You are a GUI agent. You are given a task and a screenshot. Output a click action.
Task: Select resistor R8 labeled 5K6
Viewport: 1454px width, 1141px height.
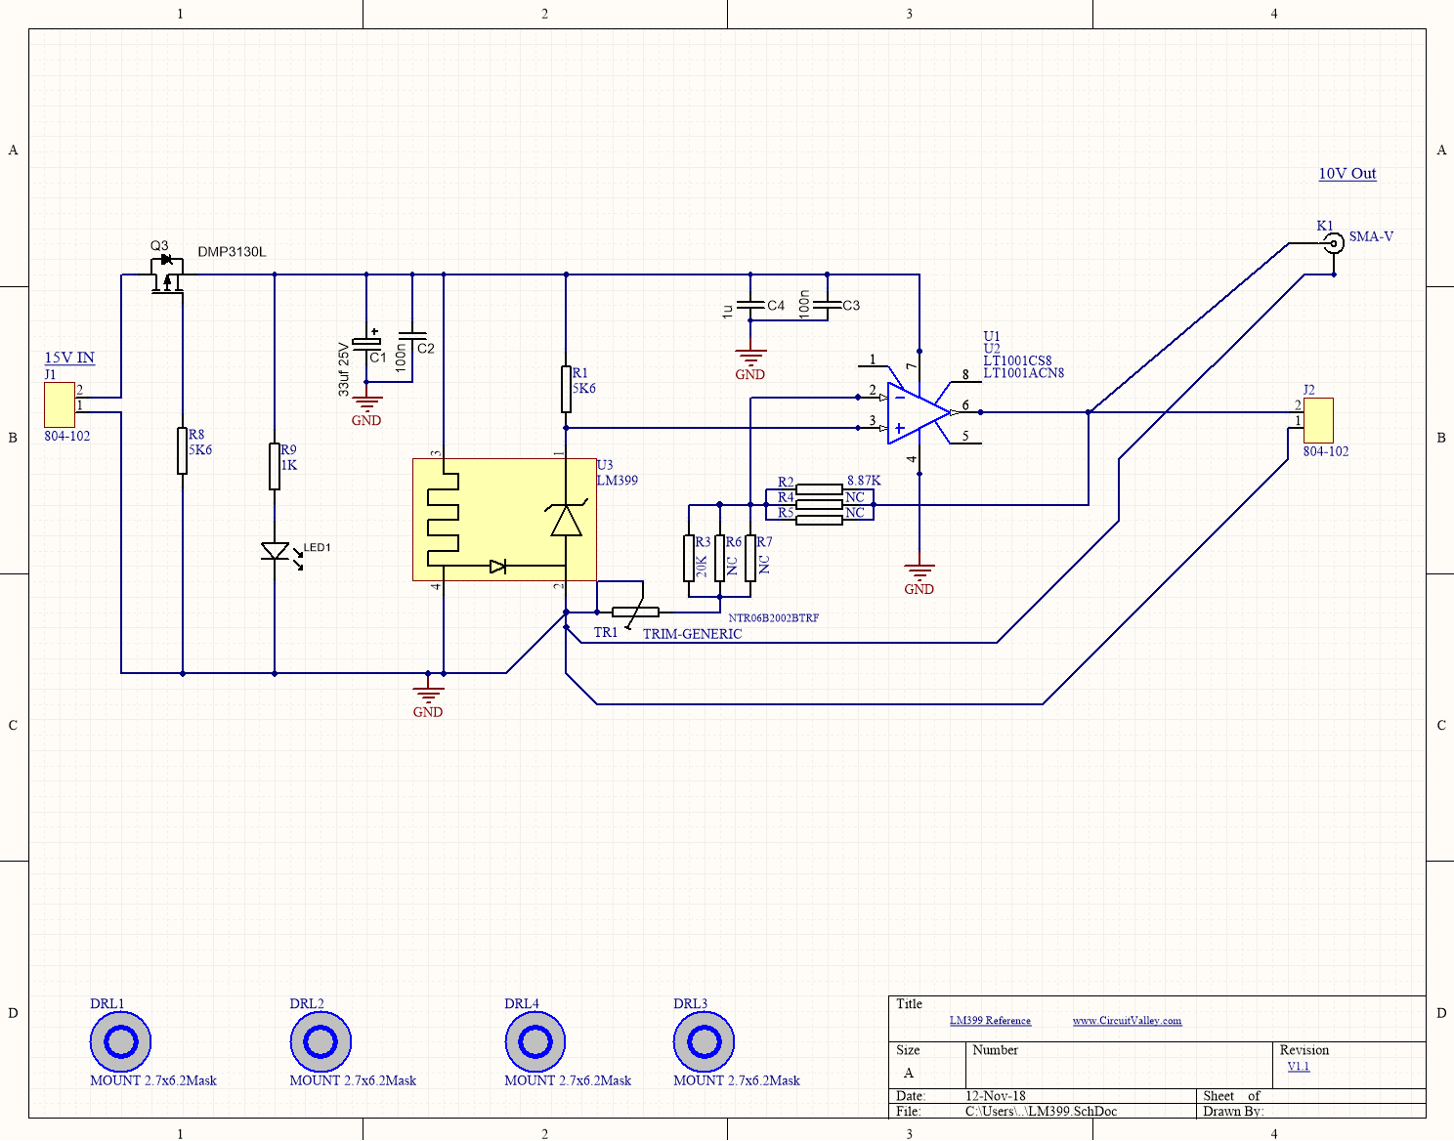(x=183, y=450)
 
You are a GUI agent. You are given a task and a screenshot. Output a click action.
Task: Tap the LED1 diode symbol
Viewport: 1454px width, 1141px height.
(x=276, y=552)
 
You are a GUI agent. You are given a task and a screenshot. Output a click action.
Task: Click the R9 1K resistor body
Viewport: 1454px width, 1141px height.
(x=275, y=466)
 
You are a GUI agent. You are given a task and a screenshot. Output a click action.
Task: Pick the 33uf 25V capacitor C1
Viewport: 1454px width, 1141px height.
(x=366, y=343)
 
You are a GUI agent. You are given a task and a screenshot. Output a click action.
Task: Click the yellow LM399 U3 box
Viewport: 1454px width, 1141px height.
(x=504, y=520)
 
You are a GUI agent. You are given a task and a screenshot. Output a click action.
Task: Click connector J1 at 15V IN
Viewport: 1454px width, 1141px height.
(x=60, y=404)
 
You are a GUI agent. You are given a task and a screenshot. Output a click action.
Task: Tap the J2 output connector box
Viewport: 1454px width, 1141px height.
(x=1318, y=420)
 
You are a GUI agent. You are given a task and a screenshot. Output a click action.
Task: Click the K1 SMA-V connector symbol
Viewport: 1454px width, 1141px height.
(x=1333, y=243)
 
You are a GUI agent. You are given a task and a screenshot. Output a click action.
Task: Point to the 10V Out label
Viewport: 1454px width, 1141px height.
(x=1347, y=174)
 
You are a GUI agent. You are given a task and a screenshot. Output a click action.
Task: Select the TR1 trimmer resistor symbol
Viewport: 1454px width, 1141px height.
(x=635, y=612)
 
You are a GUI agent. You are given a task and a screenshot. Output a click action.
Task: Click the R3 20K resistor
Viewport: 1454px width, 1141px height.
(x=689, y=558)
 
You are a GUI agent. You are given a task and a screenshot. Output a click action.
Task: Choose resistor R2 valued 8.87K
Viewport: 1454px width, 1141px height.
(x=819, y=489)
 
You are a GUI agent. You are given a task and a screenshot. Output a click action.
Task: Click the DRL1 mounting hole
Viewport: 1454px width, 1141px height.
(x=120, y=1041)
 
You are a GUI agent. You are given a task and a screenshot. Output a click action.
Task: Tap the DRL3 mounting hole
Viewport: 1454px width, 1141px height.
(x=704, y=1041)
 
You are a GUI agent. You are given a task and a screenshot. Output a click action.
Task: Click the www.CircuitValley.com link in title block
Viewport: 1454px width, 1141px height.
(x=1127, y=1021)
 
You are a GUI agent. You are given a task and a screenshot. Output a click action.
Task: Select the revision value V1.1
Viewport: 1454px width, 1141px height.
(x=1298, y=1067)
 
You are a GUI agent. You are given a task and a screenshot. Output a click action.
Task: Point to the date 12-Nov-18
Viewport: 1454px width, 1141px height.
(x=995, y=1096)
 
